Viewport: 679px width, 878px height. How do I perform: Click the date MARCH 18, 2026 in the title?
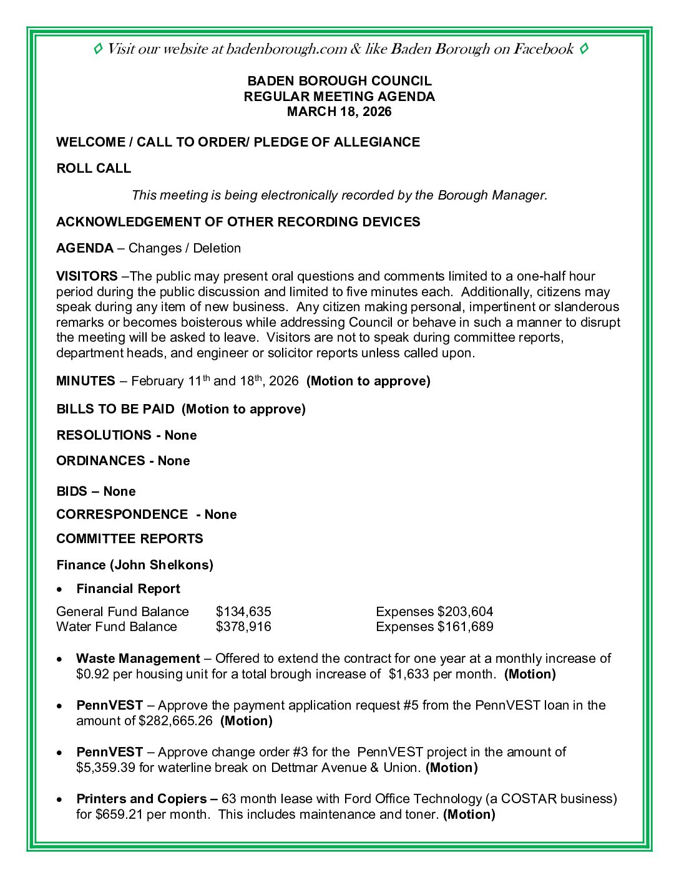coord(339,112)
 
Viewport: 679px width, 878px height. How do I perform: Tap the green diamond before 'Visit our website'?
coord(98,49)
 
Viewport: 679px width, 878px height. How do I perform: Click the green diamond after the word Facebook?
coord(584,49)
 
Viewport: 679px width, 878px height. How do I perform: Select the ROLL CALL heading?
coord(94,168)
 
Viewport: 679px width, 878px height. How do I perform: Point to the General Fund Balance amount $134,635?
coord(243,612)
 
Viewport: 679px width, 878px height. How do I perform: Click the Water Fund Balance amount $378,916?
coord(243,627)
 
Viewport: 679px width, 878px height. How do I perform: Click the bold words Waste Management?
coord(138,658)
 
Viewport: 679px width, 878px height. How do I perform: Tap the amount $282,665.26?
coord(175,721)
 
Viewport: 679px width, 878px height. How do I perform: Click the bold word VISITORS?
coord(87,276)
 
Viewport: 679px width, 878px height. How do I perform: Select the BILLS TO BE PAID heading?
coord(115,409)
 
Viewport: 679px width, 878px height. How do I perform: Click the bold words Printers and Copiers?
coord(142,799)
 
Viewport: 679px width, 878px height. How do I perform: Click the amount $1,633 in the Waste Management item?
coord(409,674)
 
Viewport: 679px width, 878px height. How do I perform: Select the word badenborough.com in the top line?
coord(286,49)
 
